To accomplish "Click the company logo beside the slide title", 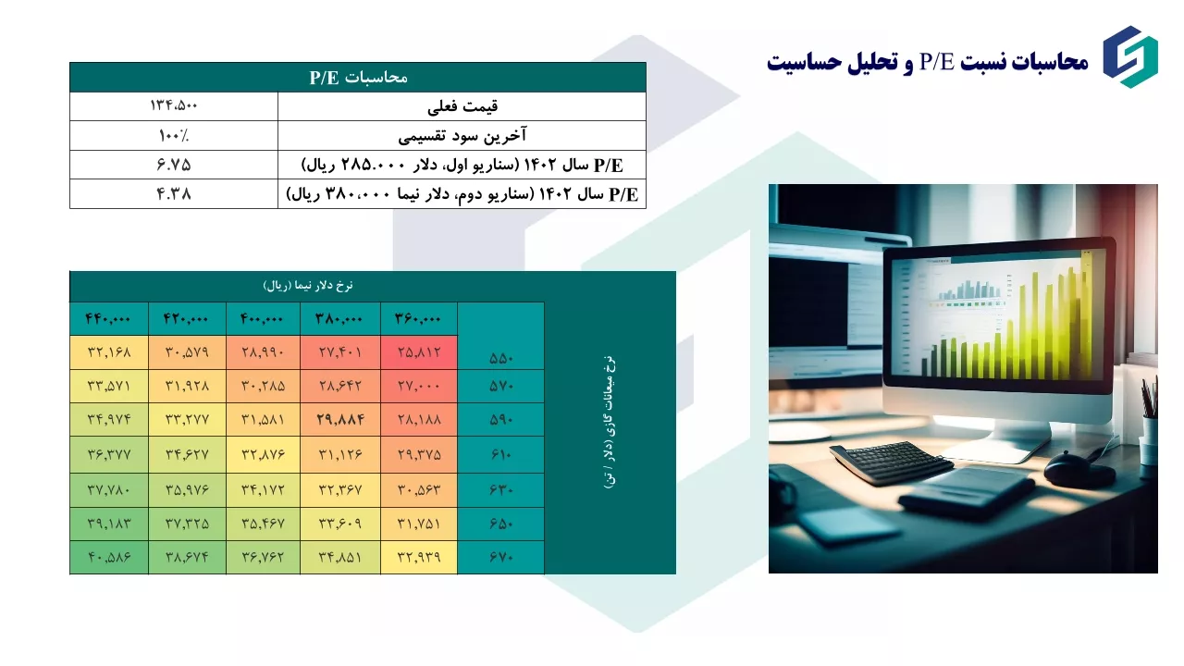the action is (x=1130, y=57).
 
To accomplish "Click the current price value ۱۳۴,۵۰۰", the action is (x=173, y=105).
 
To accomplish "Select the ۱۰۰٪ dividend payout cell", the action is (x=173, y=136).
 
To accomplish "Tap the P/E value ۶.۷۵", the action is (x=173, y=165).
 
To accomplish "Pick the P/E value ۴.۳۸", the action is (x=173, y=194).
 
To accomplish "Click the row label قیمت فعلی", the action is (x=462, y=106).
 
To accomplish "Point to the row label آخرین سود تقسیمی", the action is (x=462, y=136).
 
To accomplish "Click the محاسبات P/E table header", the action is (x=358, y=77).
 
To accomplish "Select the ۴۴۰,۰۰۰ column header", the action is (x=108, y=319).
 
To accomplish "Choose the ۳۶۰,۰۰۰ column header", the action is (x=417, y=319).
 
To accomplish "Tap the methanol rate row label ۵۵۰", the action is (x=501, y=358).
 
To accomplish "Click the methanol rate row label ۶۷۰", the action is (x=501, y=557).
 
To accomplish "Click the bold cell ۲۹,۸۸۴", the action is (x=340, y=420).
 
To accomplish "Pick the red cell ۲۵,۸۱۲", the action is (x=419, y=352).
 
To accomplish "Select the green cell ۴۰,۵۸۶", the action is (x=109, y=557).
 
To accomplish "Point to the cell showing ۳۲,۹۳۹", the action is (x=419, y=557).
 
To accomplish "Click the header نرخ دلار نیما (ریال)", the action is (x=308, y=286).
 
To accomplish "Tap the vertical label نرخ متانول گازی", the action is (x=610, y=423).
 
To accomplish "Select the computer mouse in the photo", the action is (x=1079, y=468).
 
